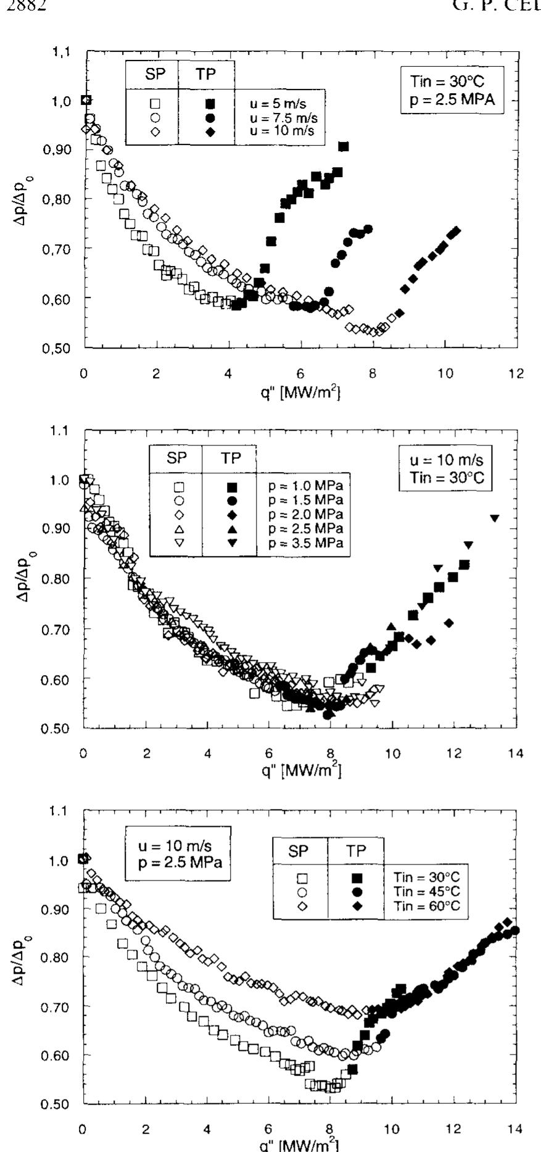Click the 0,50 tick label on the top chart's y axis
pyautogui.click(x=64, y=349)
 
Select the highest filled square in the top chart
pyautogui.click(x=344, y=146)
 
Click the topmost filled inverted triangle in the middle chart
pyautogui.click(x=494, y=518)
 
